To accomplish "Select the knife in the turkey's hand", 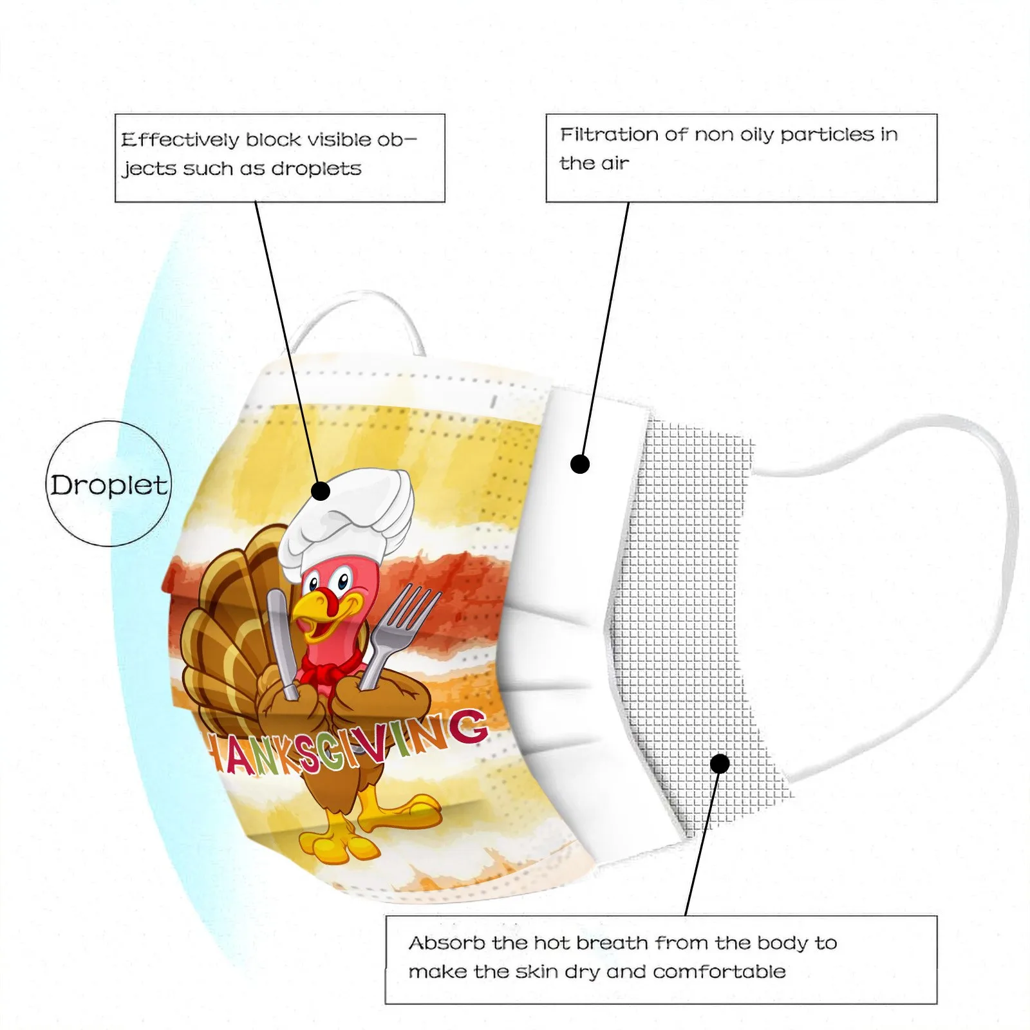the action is [281, 637].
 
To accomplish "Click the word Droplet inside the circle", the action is [109, 485].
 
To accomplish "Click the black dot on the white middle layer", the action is [580, 464].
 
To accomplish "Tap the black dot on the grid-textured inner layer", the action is [720, 763].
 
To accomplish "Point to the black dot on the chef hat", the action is [320, 491].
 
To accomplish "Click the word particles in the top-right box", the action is [827, 135].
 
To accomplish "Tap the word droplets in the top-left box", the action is [316, 169].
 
